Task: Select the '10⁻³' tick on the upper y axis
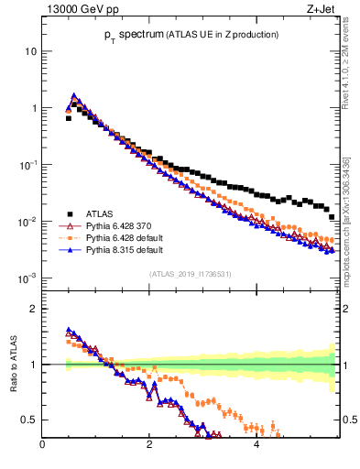(x=27, y=278)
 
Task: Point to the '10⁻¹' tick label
(x=27, y=164)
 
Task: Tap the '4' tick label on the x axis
(x=256, y=446)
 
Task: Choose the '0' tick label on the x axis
(x=42, y=446)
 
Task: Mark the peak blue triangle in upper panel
(x=74, y=95)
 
